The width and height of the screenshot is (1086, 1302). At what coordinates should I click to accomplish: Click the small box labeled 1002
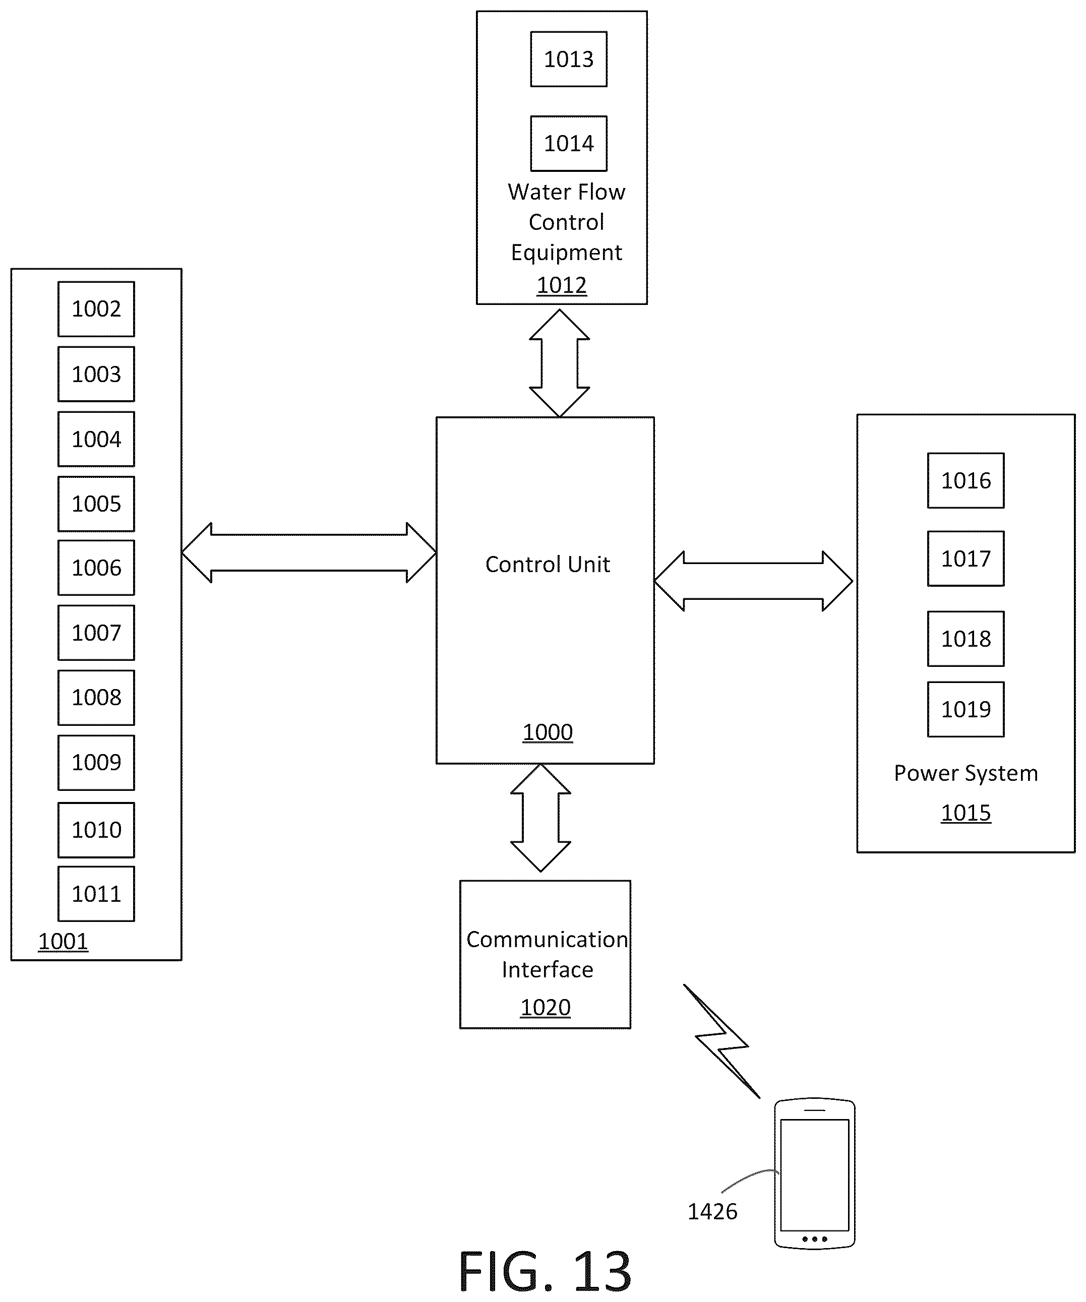(96, 309)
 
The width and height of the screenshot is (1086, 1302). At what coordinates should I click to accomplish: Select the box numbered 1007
(96, 633)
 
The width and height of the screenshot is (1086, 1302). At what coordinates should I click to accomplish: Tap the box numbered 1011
(96, 893)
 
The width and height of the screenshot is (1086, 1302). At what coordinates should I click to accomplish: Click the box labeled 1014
(569, 143)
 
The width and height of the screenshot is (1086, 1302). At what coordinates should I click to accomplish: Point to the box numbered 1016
(966, 480)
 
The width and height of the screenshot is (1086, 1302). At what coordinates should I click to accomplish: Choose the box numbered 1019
(966, 709)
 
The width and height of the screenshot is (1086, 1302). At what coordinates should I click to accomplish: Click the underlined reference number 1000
(547, 732)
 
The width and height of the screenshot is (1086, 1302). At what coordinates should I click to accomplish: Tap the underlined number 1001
(63, 941)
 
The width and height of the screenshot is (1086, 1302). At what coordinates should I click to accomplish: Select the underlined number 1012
(561, 285)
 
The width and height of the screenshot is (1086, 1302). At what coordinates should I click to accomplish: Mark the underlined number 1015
(966, 813)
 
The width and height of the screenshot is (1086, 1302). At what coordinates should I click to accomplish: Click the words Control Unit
(548, 564)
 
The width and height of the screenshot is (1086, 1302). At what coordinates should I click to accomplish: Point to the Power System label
(966, 773)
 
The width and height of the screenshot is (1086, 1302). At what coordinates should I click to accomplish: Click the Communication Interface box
(545, 954)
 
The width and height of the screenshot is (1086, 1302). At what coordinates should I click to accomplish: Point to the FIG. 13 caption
(545, 1271)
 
